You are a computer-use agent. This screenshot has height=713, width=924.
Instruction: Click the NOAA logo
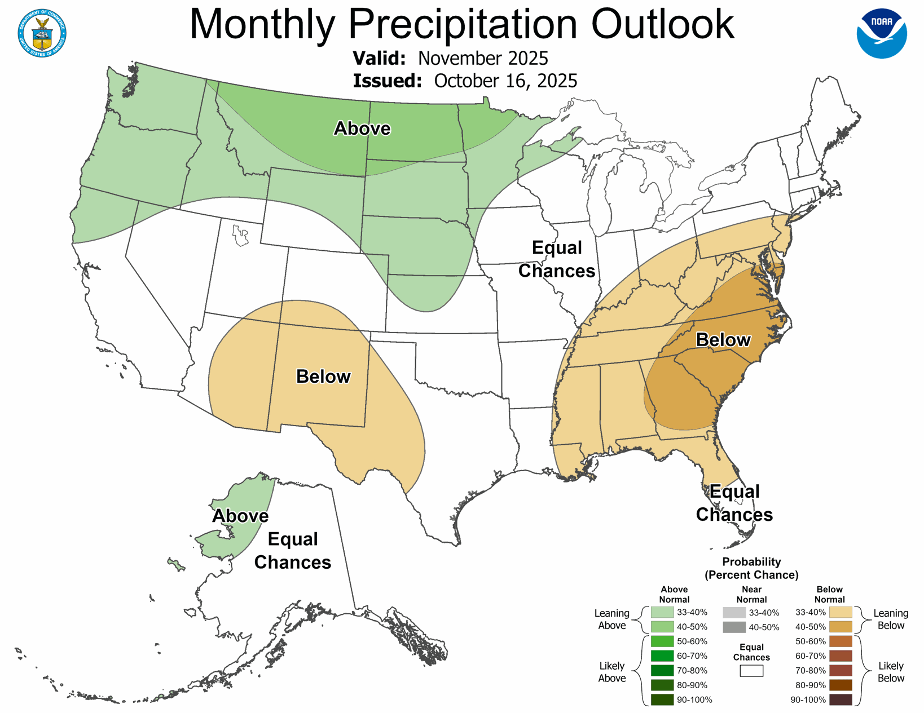[x=881, y=34]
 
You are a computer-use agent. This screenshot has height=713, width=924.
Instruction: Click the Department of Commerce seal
[x=42, y=33]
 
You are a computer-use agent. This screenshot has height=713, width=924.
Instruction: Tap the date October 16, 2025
[x=505, y=81]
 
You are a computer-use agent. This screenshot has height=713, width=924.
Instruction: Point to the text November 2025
[x=483, y=58]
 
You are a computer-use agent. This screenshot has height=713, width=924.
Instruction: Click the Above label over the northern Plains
[x=362, y=129]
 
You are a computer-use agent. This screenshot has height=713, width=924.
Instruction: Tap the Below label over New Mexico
[x=323, y=377]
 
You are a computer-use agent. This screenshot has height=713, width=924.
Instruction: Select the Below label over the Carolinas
[x=723, y=340]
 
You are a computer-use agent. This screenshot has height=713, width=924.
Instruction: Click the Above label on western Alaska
[x=240, y=516]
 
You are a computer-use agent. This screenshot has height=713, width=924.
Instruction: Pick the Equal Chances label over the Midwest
[x=557, y=259]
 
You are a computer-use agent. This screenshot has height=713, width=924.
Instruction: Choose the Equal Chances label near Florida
[x=734, y=503]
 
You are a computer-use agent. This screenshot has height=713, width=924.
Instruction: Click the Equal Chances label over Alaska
[x=292, y=551]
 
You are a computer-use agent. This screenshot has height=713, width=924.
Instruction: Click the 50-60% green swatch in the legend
[x=662, y=641]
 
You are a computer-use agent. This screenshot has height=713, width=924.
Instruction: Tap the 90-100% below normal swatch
[x=841, y=700]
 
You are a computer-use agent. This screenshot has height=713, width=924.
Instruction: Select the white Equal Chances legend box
[x=751, y=671]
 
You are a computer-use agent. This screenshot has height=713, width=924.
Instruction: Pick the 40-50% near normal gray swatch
[x=734, y=627]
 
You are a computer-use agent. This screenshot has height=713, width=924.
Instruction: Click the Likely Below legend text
[x=891, y=672]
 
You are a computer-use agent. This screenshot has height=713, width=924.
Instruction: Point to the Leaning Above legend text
[x=612, y=619]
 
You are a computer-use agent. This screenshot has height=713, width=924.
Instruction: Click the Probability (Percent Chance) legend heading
[x=751, y=568]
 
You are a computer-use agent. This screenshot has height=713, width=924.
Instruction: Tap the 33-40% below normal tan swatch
[x=841, y=612]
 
